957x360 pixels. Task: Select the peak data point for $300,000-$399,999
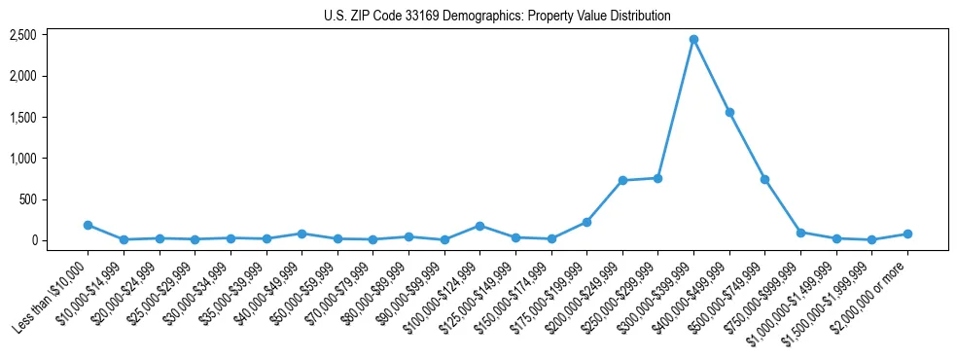693,40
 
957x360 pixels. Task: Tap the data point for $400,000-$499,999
729,113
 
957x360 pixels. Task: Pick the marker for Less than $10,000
88,225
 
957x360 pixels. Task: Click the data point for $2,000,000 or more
907,234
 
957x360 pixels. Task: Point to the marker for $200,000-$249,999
622,180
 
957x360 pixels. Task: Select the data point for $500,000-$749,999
764,179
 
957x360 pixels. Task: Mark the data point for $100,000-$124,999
479,226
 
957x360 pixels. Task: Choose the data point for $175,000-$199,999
586,222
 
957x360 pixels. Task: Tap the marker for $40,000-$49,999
301,234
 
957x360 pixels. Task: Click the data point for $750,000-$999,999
800,233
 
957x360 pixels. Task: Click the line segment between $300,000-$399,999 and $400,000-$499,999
711,76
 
